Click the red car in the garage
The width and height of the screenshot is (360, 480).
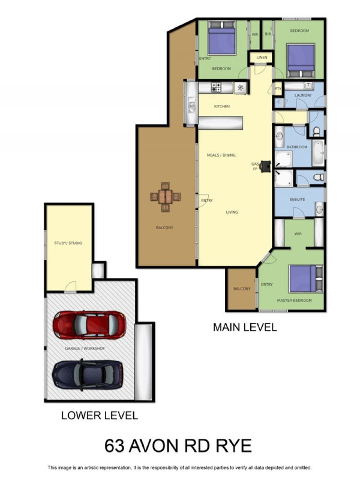[x=89, y=325]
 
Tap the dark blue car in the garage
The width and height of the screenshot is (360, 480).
[x=88, y=374]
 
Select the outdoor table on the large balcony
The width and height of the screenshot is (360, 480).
[x=165, y=197]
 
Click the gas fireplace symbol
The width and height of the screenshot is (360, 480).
[x=265, y=166]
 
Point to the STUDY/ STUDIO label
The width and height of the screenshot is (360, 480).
[x=68, y=243]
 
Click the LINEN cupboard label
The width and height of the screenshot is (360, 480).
[x=262, y=57]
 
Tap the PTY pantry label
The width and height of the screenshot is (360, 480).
[x=278, y=89]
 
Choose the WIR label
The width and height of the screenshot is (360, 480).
[x=298, y=234]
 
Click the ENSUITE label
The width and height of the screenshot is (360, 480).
[x=297, y=199]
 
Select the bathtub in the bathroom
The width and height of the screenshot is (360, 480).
[x=319, y=153]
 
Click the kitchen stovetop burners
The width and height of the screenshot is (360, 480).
[x=216, y=87]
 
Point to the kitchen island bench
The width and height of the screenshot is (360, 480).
[x=220, y=123]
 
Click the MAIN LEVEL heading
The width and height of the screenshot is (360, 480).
[x=245, y=327]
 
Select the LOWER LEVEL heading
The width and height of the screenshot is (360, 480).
[x=100, y=416]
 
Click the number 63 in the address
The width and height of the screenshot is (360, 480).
[x=115, y=446]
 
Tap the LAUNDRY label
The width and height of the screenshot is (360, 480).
[x=303, y=95]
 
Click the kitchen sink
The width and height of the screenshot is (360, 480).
[x=192, y=106]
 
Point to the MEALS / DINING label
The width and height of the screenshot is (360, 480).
[x=221, y=155]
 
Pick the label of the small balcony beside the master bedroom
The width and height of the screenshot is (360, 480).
[x=242, y=289]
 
